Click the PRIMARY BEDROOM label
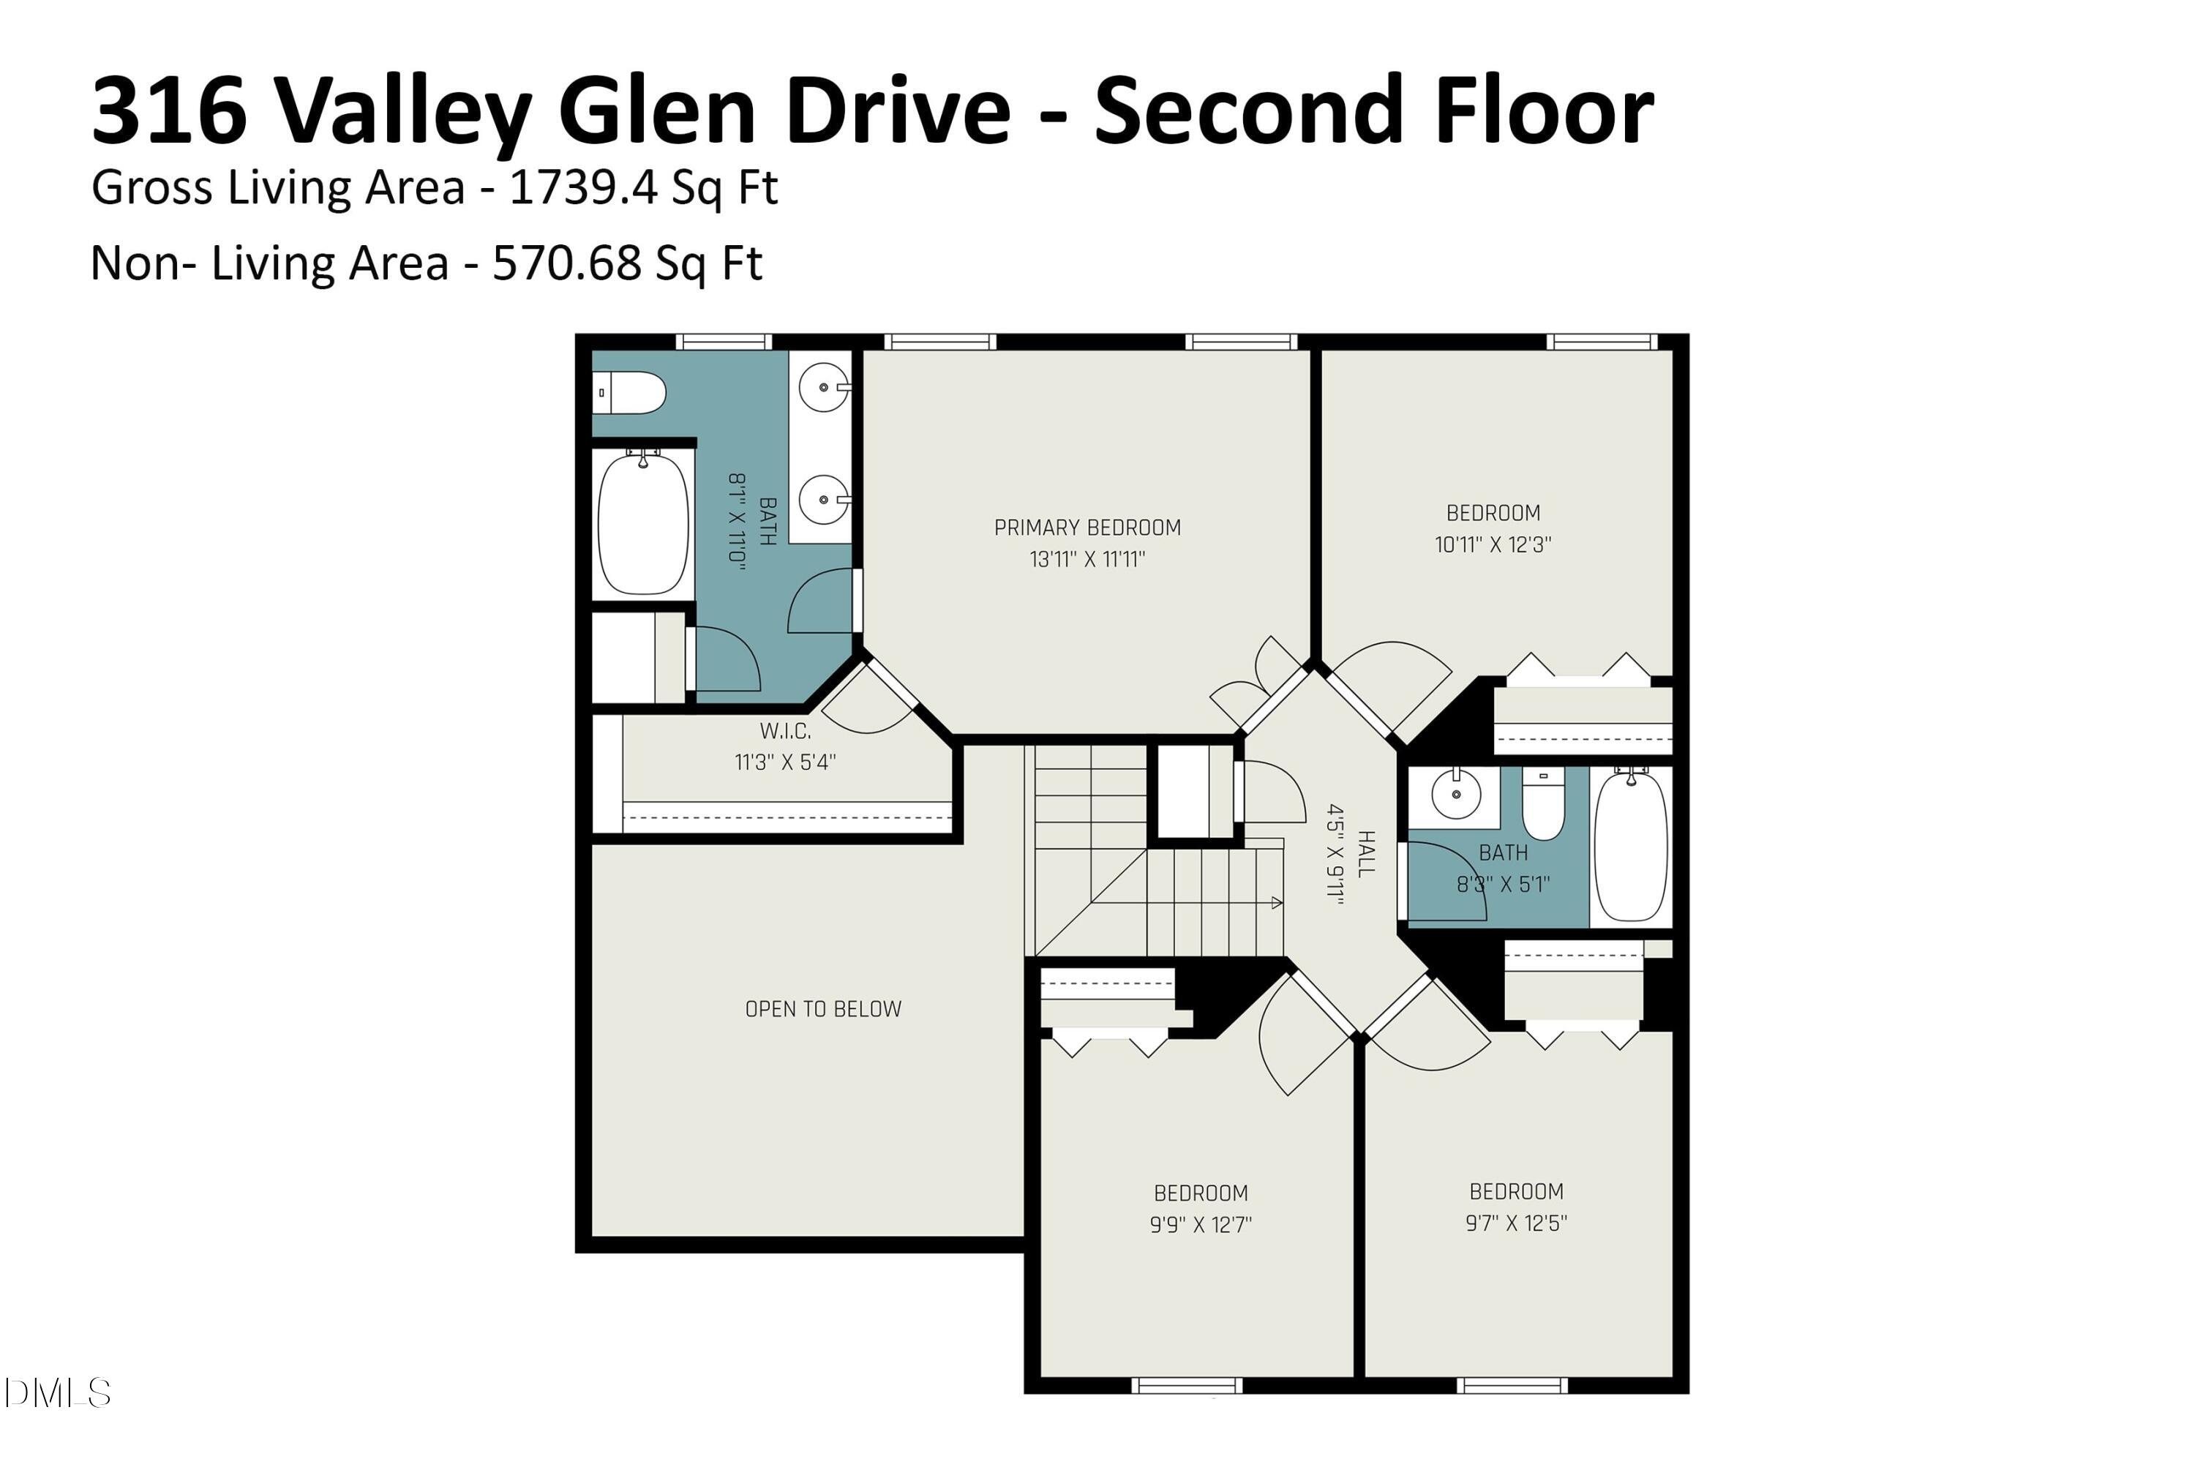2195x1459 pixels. (1087, 528)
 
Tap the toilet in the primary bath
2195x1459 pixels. (630, 393)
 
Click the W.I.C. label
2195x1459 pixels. (785, 732)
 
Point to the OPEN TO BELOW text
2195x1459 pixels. (822, 1009)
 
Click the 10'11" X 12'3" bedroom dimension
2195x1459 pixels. (1493, 544)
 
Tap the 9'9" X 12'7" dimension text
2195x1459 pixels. (1201, 1225)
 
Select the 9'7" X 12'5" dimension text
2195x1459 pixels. (1516, 1223)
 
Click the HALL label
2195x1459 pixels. (1365, 854)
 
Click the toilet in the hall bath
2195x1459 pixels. (1543, 804)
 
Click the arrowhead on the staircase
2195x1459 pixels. (1277, 903)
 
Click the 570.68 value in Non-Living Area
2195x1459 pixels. (566, 263)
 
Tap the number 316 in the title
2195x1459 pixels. (169, 112)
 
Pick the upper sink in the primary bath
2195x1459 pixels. (822, 387)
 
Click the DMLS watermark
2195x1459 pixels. (58, 1393)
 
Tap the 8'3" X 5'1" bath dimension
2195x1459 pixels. (1503, 884)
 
